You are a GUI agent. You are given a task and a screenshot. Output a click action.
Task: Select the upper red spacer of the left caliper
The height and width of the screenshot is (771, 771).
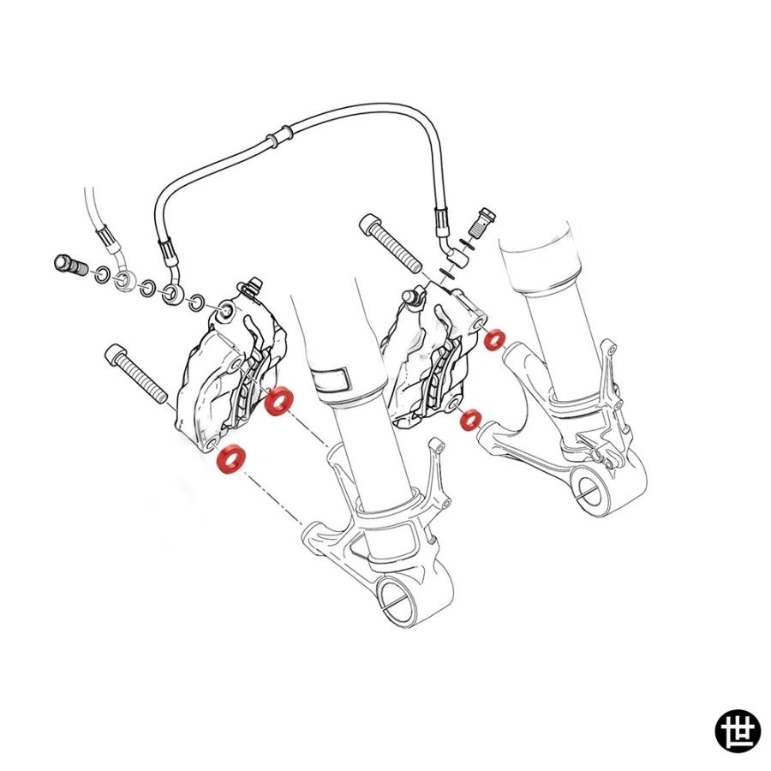278,401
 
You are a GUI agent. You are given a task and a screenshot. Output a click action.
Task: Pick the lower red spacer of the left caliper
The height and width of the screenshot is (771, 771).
231,460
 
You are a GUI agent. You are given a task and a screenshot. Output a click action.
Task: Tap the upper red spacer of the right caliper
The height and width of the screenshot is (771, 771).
493,340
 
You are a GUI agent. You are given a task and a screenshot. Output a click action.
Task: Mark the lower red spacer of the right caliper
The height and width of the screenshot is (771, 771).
470,420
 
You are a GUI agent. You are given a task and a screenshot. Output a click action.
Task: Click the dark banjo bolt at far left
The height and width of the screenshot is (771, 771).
69,266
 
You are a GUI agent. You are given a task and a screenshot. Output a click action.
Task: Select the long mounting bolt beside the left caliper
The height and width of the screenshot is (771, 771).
136,374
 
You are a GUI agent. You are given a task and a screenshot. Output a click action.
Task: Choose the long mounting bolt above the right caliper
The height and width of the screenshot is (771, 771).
391,243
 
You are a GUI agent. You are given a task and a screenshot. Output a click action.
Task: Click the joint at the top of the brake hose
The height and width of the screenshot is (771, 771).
278,134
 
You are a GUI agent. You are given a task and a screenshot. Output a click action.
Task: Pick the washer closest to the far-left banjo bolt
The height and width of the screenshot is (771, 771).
102,274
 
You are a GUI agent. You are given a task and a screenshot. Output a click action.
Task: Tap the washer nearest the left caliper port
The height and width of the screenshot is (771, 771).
197,303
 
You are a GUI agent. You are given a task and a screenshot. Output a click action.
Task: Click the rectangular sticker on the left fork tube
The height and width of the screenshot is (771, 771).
331,380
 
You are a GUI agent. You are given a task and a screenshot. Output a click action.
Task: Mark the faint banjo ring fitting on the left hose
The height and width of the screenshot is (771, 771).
123,280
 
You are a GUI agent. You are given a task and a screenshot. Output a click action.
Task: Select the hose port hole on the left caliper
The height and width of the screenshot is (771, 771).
227,311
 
